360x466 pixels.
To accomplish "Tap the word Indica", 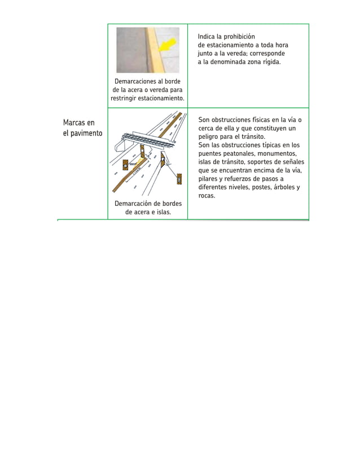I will (207, 37).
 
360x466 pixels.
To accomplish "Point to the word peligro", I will (209, 137).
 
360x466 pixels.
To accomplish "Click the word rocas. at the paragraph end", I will (207, 196).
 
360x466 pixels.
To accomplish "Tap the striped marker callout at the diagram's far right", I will (179, 179).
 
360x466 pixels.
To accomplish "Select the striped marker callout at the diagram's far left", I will (124, 165).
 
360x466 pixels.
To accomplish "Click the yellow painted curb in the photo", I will (152, 51).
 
